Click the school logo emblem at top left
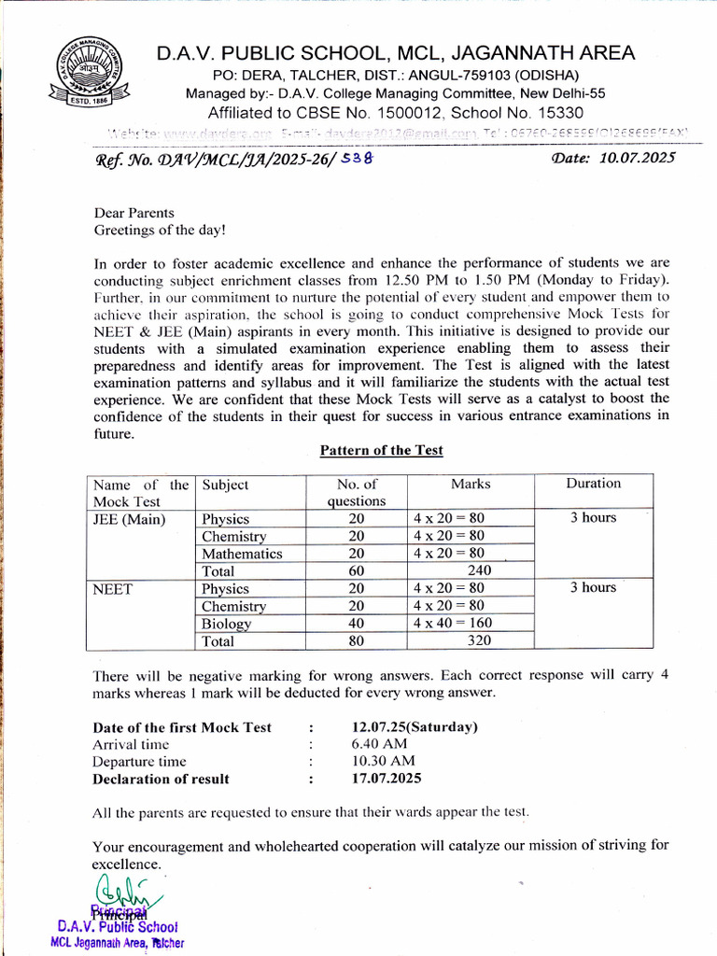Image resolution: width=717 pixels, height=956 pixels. tap(91, 74)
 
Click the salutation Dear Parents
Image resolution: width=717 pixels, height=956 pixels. tap(134, 213)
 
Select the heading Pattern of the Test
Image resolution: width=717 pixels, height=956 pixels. tap(381, 450)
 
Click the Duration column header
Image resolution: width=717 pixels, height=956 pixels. tap(593, 484)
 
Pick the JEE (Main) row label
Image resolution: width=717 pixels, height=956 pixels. tap(128, 519)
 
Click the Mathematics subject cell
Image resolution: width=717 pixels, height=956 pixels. tap(242, 554)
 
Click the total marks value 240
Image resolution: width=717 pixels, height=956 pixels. tap(477, 570)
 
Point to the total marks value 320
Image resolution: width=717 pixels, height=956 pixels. tap(477, 641)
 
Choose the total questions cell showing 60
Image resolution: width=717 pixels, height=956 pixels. tap(357, 570)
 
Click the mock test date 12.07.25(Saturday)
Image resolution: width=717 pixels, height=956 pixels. tap(415, 727)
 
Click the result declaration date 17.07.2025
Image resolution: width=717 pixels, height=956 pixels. tap(387, 778)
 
